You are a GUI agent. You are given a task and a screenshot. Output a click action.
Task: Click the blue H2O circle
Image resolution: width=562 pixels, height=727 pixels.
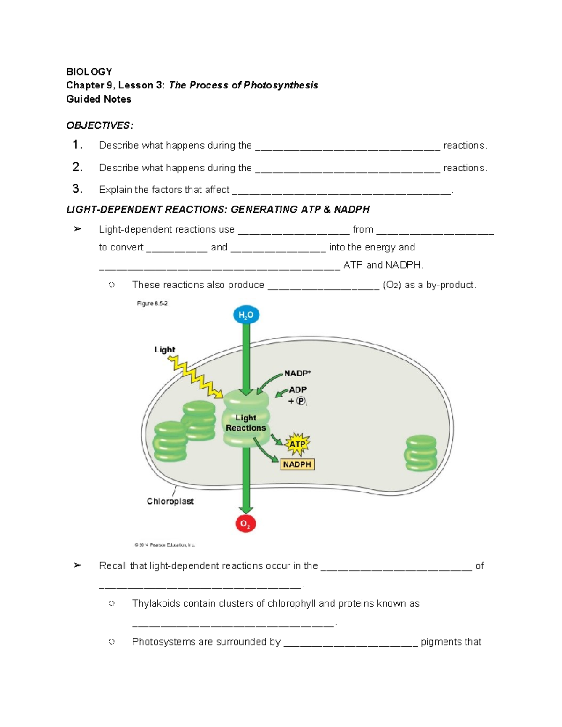click(246, 315)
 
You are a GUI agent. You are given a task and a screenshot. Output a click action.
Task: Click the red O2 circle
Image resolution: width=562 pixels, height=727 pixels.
click(245, 524)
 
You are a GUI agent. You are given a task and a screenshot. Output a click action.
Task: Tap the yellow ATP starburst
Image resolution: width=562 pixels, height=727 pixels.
click(297, 444)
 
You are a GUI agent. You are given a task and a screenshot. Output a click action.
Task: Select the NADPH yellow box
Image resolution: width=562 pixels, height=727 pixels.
click(297, 464)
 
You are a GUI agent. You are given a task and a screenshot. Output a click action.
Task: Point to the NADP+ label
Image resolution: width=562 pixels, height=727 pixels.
click(297, 373)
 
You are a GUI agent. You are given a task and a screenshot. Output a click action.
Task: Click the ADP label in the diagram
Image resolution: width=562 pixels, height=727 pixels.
click(298, 389)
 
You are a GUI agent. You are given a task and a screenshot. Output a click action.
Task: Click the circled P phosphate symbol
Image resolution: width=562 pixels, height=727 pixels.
click(301, 401)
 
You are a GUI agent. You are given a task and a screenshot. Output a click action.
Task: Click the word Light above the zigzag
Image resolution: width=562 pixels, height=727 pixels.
click(164, 350)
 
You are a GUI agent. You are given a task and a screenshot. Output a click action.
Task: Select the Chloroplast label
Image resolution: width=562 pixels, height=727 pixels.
click(170, 501)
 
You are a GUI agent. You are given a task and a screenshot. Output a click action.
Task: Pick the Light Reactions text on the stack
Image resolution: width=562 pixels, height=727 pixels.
click(245, 423)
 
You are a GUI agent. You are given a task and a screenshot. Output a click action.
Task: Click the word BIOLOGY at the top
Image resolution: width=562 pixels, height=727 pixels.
click(89, 72)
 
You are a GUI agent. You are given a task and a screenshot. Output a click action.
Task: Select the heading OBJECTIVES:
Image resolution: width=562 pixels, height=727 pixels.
click(100, 125)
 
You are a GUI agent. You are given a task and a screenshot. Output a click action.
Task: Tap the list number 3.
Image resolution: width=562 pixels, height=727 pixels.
click(77, 189)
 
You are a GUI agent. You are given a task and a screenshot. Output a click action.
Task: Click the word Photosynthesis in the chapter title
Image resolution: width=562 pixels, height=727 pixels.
click(281, 85)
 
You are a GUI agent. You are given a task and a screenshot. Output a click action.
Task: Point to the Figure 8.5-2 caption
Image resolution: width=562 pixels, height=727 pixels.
click(152, 304)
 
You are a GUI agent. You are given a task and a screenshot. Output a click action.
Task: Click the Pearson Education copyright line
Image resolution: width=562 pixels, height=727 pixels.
click(164, 545)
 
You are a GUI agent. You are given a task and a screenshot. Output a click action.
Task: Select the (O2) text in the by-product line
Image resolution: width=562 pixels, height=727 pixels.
click(392, 285)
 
